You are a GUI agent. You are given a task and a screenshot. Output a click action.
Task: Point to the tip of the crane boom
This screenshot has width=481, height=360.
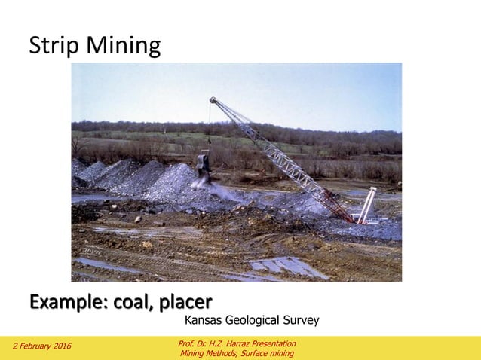213,100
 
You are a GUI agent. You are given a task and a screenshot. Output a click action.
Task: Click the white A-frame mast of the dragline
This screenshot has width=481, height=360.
367,205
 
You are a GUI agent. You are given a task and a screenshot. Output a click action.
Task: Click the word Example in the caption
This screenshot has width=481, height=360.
66,304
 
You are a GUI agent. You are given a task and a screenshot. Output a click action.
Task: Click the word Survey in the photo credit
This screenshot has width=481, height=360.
301,321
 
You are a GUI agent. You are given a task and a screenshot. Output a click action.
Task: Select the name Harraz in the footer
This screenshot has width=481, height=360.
228,343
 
